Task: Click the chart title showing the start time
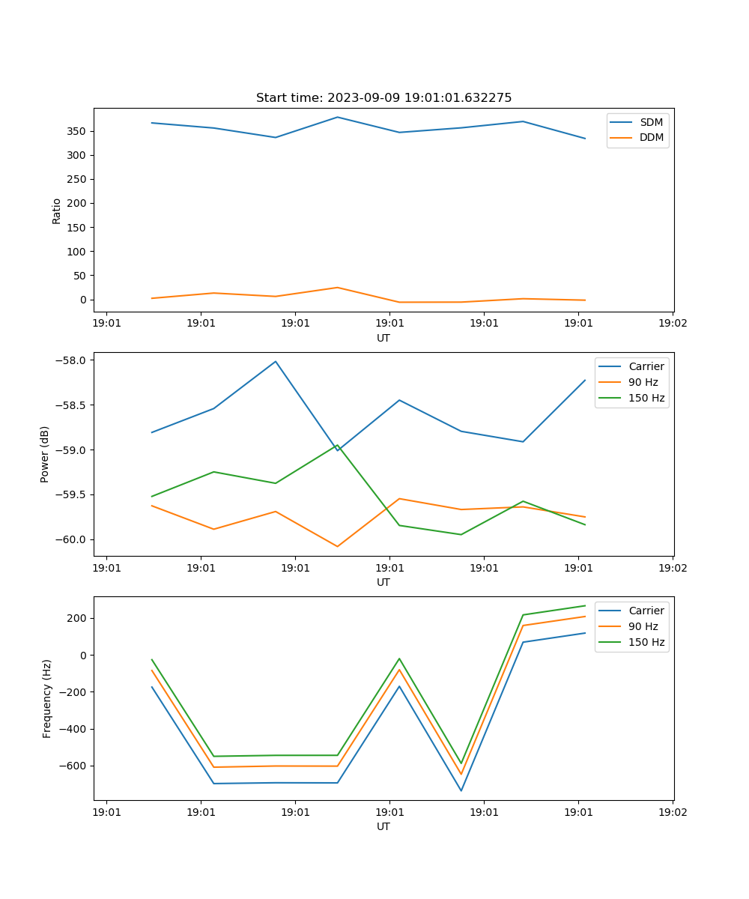tap(383, 98)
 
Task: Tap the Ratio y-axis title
tap(57, 211)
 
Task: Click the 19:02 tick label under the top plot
tap(672, 324)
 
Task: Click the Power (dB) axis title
tap(45, 454)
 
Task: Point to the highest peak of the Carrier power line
tap(276, 361)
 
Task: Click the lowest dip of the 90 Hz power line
tap(337, 546)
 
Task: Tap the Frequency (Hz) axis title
tap(47, 698)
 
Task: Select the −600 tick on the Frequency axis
tap(74, 766)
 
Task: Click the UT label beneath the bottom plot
tap(383, 826)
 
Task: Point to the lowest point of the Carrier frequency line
tap(461, 790)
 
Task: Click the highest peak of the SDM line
tap(337, 117)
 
